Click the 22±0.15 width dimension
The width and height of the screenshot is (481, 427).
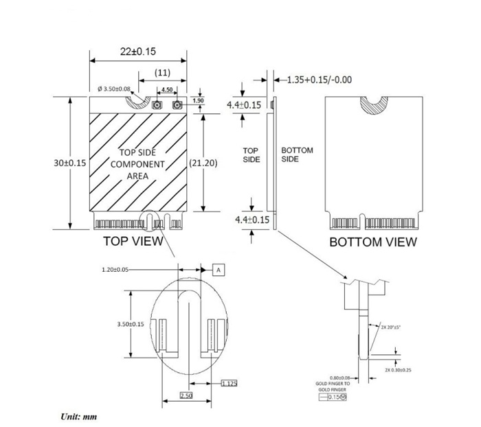137,52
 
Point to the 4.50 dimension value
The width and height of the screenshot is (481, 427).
166,89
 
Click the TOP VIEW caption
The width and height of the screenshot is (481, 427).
133,241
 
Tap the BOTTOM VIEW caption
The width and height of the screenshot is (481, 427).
372,242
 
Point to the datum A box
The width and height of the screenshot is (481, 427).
219,270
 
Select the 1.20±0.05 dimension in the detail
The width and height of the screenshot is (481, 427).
116,270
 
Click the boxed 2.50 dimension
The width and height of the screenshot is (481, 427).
186,397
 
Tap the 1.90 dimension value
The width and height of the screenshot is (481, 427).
199,101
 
